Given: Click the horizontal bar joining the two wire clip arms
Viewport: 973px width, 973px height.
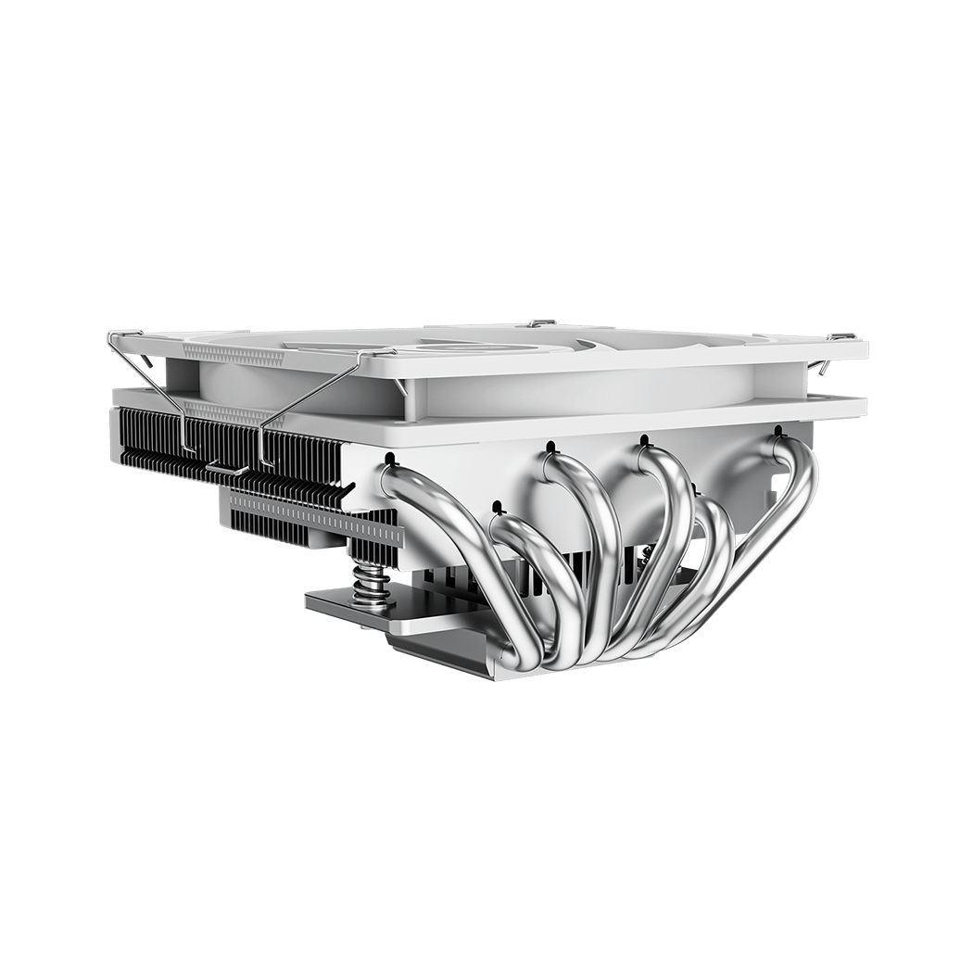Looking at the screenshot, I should tap(226, 466).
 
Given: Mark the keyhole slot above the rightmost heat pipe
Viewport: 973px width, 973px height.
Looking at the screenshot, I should tap(777, 430).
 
